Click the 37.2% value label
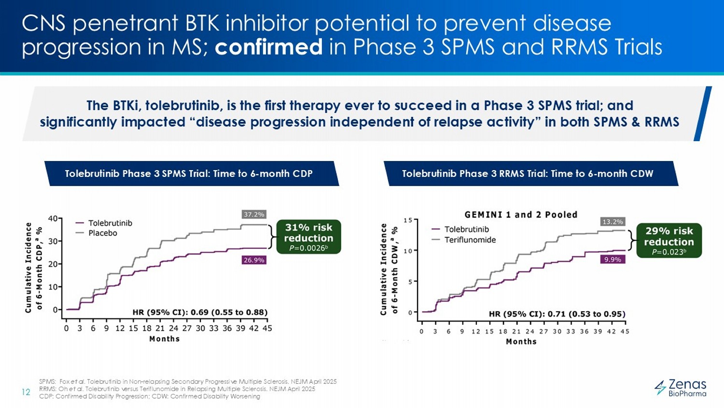254,214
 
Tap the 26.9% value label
254,260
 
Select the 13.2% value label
613,221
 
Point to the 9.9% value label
613,260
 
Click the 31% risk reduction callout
308,237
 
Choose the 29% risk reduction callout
668,240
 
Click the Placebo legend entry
102,233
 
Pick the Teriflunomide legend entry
470,240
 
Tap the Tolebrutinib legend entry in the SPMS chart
110,223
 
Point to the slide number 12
26,392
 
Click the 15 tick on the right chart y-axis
408,220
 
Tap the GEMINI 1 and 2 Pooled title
521,215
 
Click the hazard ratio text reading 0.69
200,312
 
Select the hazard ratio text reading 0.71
557,314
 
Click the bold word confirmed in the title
268,47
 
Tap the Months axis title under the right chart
521,342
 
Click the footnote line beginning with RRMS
177,389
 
